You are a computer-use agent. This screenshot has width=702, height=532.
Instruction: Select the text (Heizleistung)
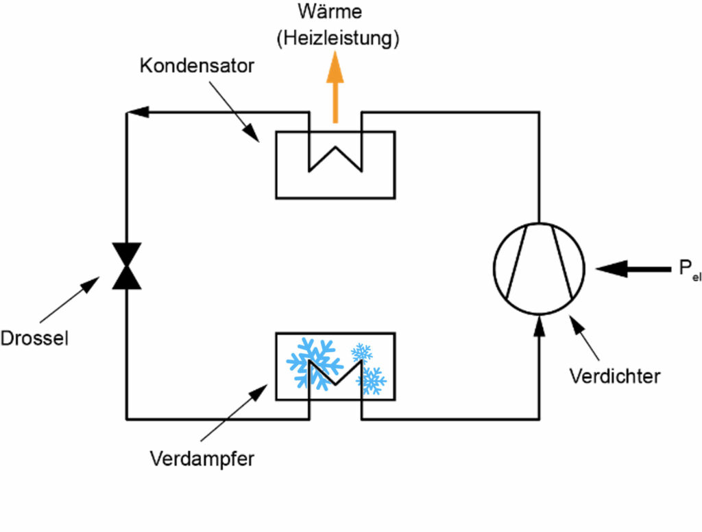337,38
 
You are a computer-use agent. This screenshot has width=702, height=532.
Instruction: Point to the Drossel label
34,338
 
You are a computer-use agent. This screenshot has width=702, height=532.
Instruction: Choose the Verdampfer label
202,459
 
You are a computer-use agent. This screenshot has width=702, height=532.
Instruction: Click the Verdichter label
615,375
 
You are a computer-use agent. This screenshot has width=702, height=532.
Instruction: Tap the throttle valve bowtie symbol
127,266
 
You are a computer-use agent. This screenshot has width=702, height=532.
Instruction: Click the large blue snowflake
313,362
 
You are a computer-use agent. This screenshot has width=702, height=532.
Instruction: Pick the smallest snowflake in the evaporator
361,353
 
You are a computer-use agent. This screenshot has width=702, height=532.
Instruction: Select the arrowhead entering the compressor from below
539,325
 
